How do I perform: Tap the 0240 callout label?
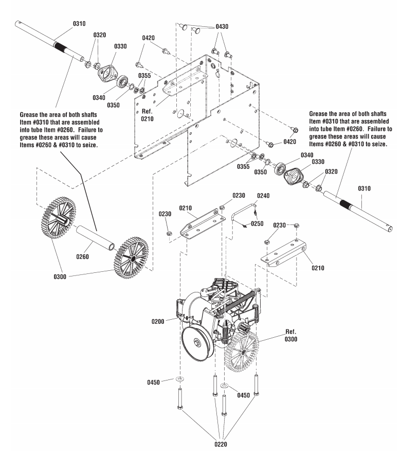coord(263,196)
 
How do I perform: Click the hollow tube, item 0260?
coord(98,238)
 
